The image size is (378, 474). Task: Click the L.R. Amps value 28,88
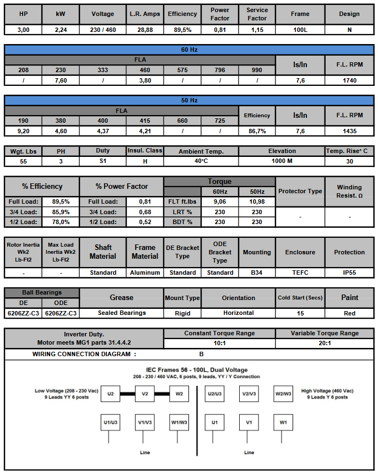(144, 30)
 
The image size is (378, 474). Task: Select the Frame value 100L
(300, 30)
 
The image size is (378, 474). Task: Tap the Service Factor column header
(257, 14)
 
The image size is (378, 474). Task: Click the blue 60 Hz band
(189, 50)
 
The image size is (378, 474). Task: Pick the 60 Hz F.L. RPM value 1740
(349, 80)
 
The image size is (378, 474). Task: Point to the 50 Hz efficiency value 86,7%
(257, 132)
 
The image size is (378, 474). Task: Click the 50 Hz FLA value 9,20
(23, 132)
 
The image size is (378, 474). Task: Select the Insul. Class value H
(144, 161)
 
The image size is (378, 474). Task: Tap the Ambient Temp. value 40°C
(201, 161)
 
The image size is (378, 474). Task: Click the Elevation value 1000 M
(282, 161)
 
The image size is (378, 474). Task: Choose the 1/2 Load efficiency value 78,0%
(61, 222)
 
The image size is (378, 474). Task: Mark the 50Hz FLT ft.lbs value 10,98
(257, 202)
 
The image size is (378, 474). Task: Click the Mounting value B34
(257, 273)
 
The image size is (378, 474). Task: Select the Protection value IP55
(349, 273)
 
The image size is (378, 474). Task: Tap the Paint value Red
(349, 313)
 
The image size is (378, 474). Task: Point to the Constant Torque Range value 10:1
(219, 343)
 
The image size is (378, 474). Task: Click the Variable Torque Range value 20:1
(325, 343)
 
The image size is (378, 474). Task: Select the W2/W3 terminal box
(283, 394)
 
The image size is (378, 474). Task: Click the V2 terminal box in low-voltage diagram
(145, 394)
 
